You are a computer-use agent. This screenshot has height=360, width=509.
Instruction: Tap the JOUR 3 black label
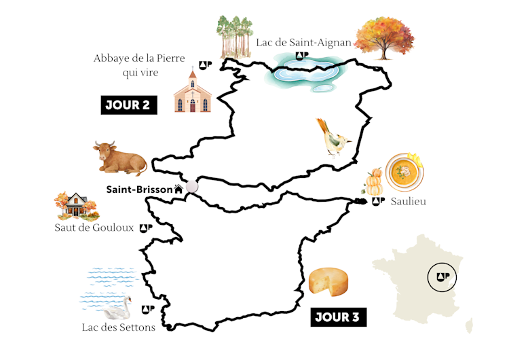[x=338, y=317]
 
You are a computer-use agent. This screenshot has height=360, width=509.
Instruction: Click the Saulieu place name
[x=408, y=202]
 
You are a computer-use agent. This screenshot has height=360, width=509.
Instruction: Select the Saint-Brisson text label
[x=139, y=190]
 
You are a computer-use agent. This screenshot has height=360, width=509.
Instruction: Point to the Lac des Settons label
[x=118, y=327]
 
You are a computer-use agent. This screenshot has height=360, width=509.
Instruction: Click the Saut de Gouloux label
[x=94, y=228]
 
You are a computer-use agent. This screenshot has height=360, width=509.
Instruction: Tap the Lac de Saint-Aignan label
[x=303, y=42]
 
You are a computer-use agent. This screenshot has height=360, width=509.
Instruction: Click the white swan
[x=117, y=310]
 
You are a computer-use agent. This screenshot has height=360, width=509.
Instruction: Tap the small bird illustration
[x=333, y=138]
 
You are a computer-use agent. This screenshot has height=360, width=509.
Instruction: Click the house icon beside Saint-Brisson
[x=178, y=190]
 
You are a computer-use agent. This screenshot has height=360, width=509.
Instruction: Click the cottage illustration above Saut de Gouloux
[x=74, y=204]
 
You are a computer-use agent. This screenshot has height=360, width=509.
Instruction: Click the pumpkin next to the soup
[x=375, y=182]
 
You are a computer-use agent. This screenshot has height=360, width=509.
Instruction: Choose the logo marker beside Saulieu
[x=378, y=202]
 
